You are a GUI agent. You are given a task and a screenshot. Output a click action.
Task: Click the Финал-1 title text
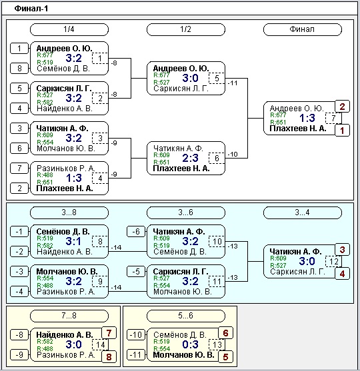(x=31, y=9)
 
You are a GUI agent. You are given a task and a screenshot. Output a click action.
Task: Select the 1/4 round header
(x=69, y=29)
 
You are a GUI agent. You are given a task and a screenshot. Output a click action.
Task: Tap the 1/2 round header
(x=186, y=29)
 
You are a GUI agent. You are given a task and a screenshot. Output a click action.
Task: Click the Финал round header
(x=303, y=29)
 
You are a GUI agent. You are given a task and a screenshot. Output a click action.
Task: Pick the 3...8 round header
(x=69, y=212)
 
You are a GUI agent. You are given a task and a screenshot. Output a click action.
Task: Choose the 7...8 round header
(x=69, y=316)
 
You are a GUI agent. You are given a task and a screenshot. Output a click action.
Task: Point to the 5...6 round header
(x=186, y=316)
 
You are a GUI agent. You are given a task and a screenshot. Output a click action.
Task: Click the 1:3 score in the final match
(x=307, y=118)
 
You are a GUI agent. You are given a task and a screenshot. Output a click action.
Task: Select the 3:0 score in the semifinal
(x=191, y=78)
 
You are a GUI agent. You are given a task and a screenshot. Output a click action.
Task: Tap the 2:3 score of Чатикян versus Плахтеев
(x=191, y=158)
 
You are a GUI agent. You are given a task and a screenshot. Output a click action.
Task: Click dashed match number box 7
(x=333, y=118)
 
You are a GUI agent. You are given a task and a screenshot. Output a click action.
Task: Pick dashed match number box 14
(x=100, y=345)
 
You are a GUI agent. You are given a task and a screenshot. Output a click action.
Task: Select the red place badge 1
(x=342, y=131)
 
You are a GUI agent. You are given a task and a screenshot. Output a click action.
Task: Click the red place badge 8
(x=109, y=357)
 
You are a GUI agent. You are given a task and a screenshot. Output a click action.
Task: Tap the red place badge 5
(x=225, y=357)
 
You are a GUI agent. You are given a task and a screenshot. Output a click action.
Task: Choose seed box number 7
(x=19, y=169)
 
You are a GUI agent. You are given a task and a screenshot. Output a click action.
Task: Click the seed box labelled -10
(x=136, y=335)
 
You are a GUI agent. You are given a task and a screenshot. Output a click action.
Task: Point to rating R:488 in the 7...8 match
(x=45, y=348)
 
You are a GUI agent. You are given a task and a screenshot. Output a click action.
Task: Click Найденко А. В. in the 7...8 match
(x=65, y=335)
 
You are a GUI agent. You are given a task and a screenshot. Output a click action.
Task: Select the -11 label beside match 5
(x=233, y=83)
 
